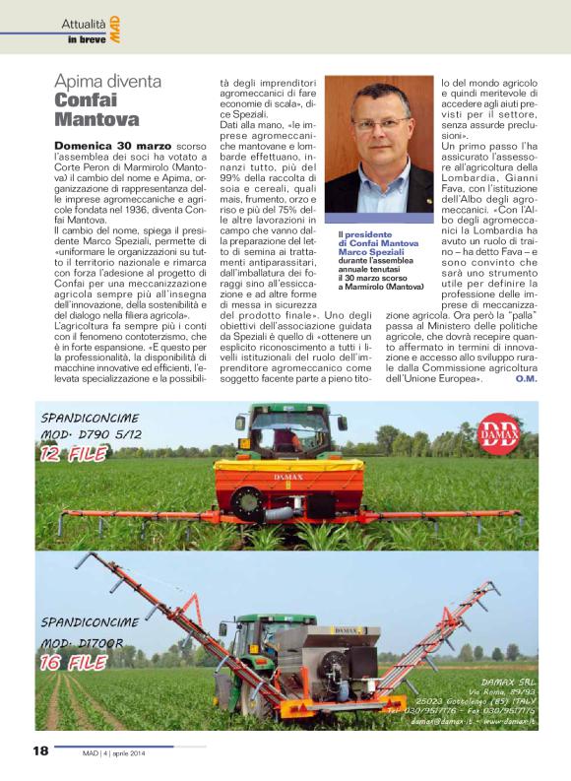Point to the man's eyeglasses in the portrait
point(377,125)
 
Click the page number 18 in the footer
point(39,751)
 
